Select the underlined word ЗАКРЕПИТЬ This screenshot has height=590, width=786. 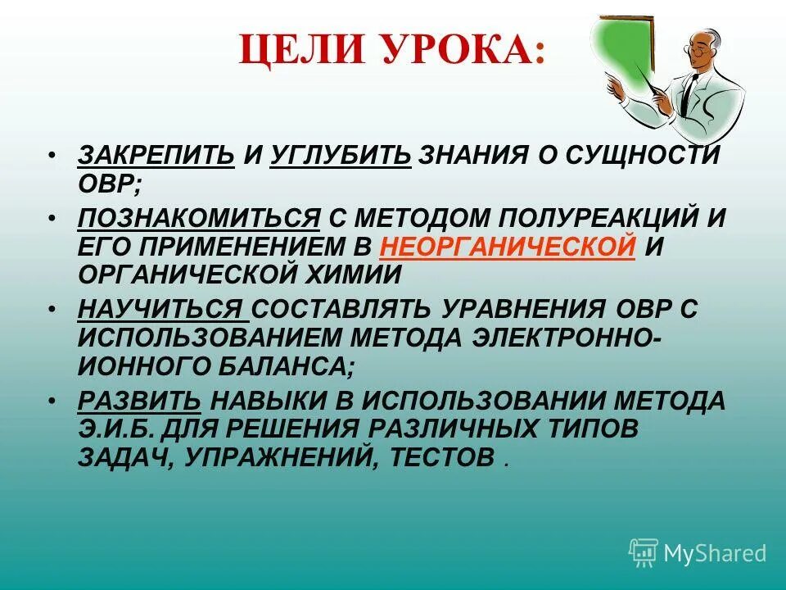(x=156, y=154)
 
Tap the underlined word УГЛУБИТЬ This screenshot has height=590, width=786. (x=340, y=154)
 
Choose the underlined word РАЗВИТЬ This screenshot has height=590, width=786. (x=139, y=401)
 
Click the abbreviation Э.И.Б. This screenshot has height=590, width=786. (x=115, y=429)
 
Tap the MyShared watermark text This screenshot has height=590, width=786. (x=715, y=553)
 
